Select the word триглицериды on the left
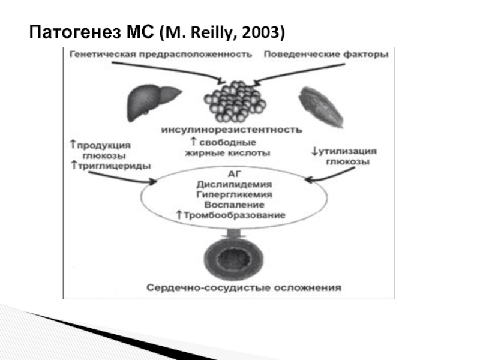click(x=116, y=166)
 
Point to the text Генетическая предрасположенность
click(x=160, y=55)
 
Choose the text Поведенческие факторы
click(x=326, y=55)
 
